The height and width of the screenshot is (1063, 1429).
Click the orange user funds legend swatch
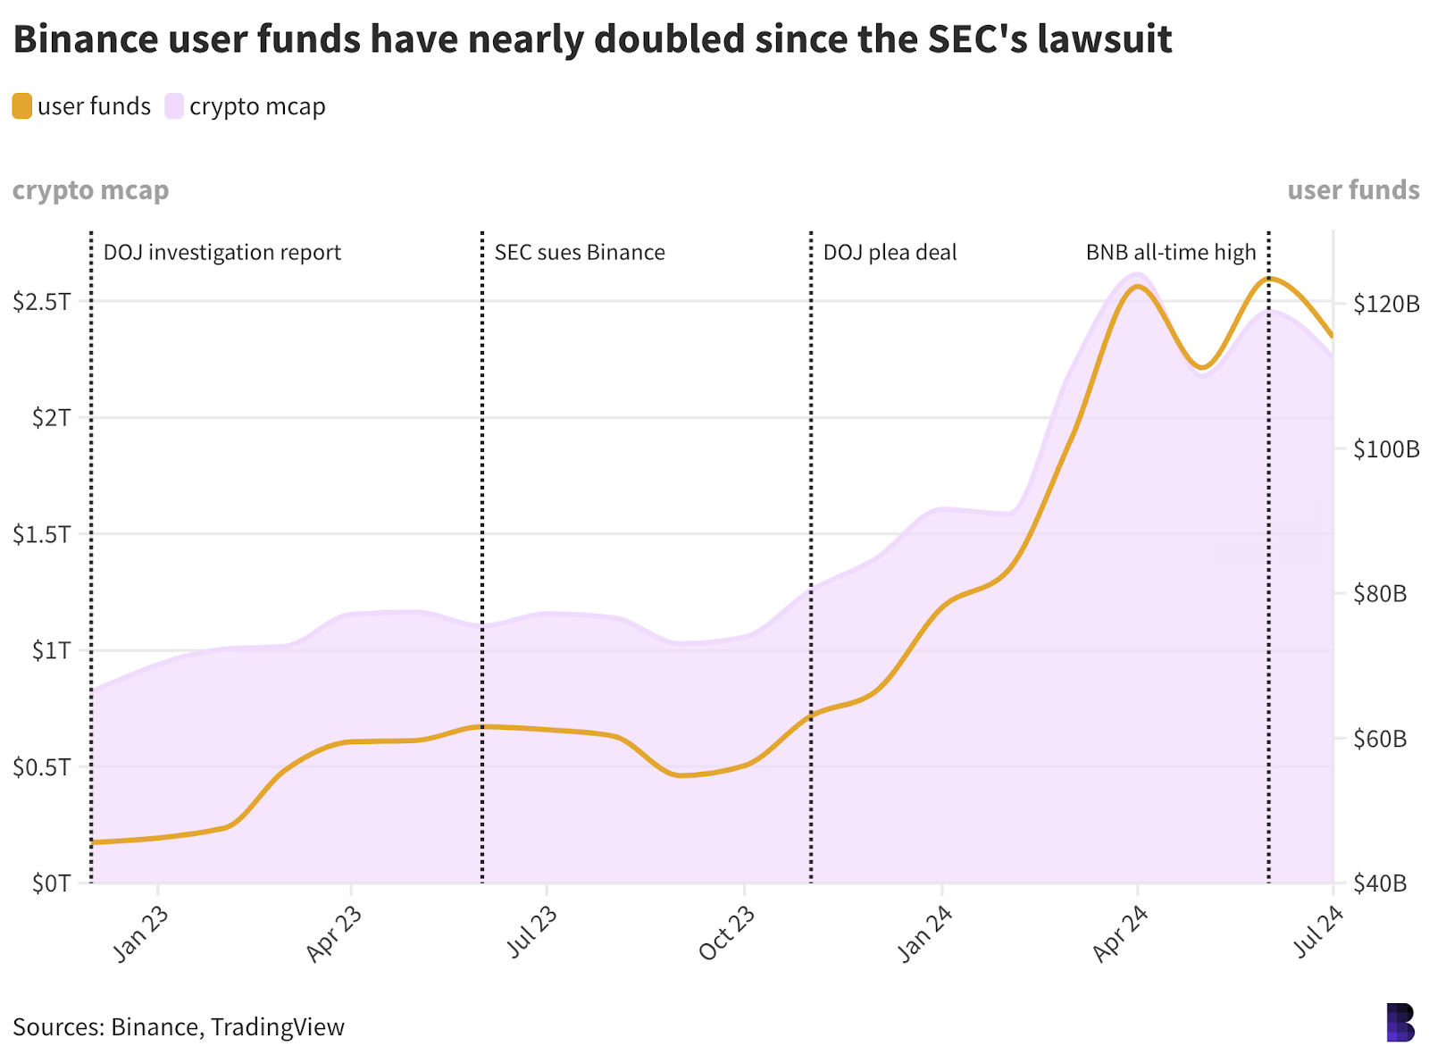tap(22, 106)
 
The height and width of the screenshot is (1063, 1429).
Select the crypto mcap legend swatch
tap(174, 106)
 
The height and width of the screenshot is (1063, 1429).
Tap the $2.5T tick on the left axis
tap(41, 302)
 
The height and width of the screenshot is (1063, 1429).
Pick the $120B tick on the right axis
tap(1385, 305)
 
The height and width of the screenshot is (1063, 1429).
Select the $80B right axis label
tap(1380, 593)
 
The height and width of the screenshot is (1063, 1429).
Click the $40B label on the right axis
tap(1380, 883)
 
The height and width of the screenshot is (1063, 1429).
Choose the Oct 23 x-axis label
tap(727, 933)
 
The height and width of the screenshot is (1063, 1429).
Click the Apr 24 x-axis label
tap(1120, 933)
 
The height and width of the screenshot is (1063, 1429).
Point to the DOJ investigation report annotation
tap(222, 253)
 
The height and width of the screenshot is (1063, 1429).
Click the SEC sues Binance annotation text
tap(580, 253)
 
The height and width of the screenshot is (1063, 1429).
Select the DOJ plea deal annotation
tap(890, 253)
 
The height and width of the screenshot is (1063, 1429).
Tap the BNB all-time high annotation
tap(1171, 253)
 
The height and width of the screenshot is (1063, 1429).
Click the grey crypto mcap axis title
tap(90, 190)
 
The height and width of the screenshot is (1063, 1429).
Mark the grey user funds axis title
tap(1353, 190)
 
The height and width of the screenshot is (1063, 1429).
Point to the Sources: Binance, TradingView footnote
tap(179, 1027)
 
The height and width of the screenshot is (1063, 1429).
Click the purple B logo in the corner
tap(1400, 1023)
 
